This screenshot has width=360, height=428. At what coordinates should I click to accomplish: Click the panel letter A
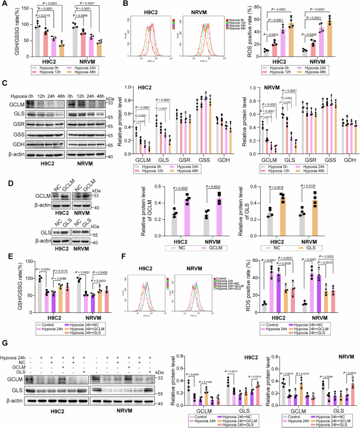point(5,4)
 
